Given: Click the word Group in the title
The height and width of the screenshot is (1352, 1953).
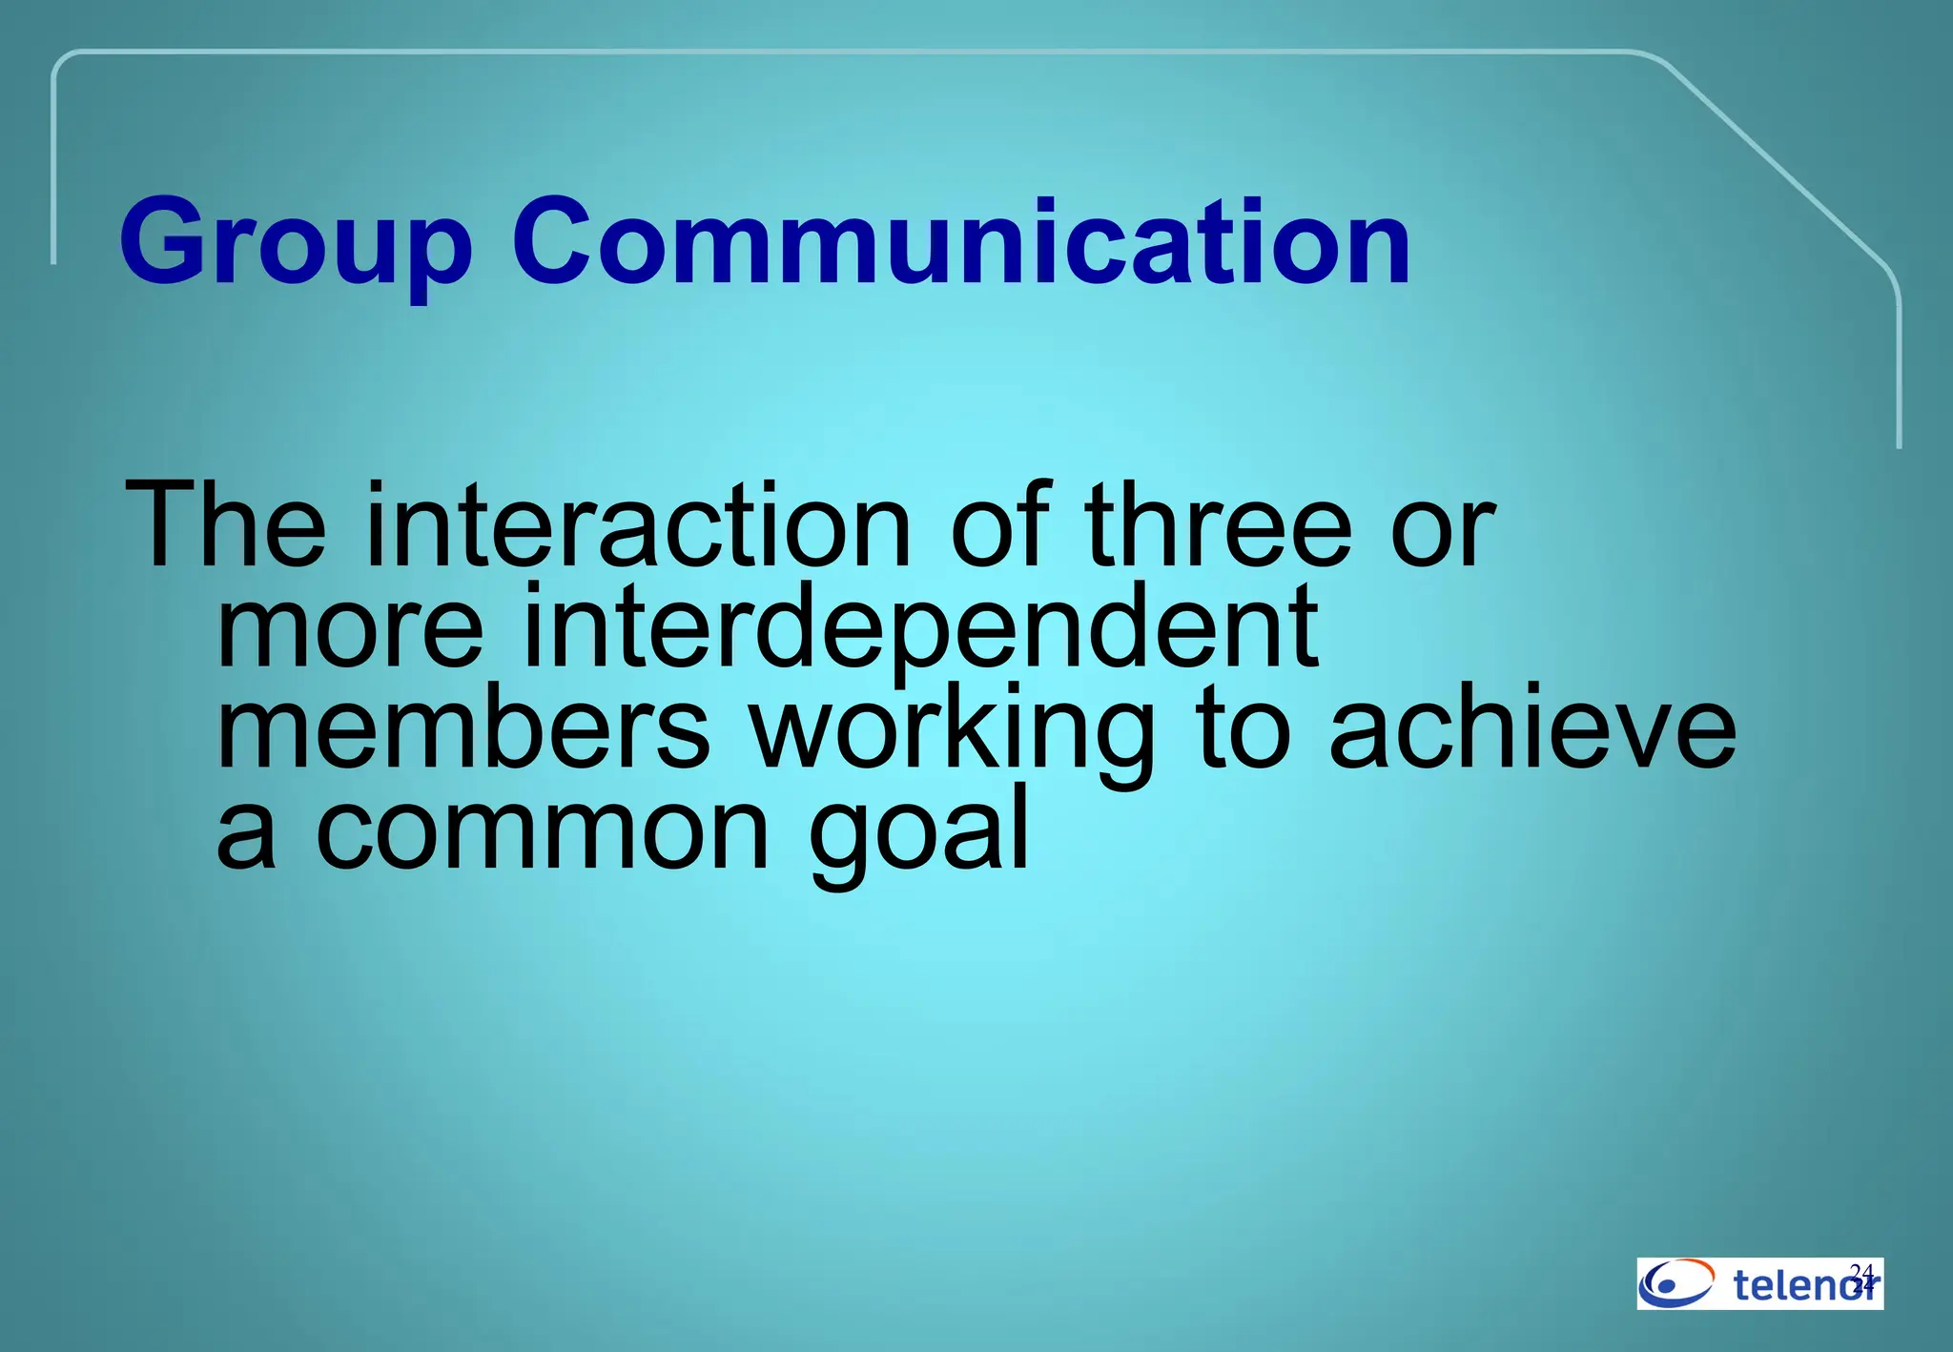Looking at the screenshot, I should point(296,243).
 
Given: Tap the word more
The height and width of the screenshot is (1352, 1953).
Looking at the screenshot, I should point(351,629).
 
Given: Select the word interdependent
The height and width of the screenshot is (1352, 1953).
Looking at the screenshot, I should point(920,629).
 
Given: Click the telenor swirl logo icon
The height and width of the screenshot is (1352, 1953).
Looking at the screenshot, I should point(1675,1282).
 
